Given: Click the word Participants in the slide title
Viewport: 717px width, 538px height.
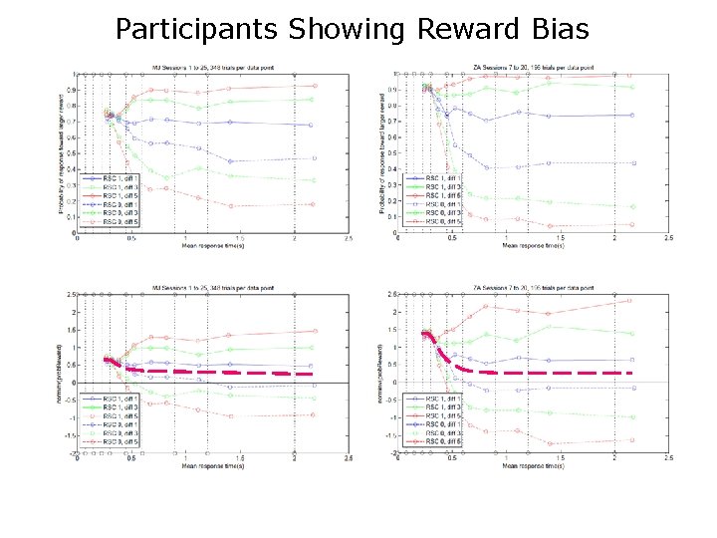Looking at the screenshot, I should click(x=196, y=29).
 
